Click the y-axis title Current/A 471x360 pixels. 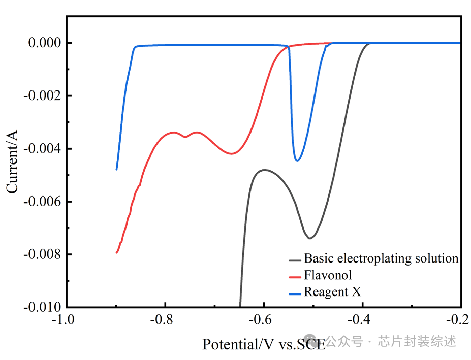point(12,161)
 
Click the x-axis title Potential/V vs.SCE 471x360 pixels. point(264,344)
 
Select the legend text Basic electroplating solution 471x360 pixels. point(381,258)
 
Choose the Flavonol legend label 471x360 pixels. point(328,275)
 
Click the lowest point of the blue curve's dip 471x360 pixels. point(297,161)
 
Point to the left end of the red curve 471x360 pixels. point(117,252)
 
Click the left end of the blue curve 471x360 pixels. point(117,170)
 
